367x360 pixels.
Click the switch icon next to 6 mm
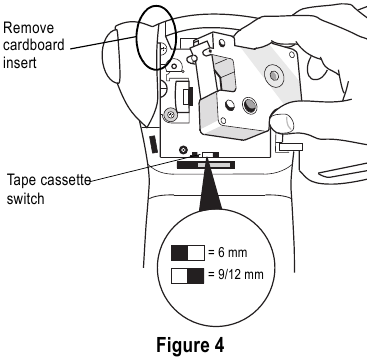click(x=188, y=253)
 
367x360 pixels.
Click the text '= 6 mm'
click(x=230, y=253)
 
